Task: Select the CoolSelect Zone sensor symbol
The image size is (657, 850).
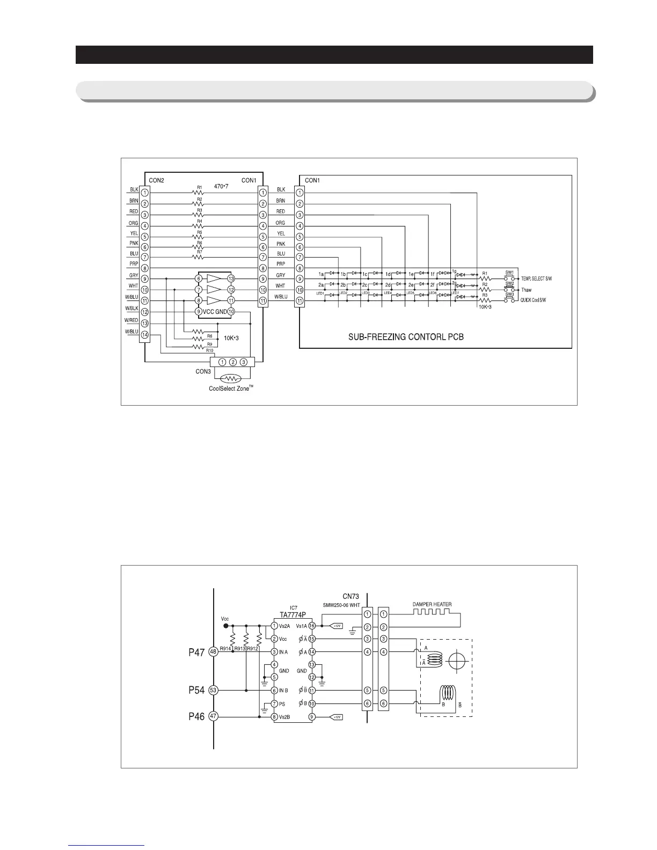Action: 231,378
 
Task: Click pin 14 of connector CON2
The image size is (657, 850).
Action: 144,334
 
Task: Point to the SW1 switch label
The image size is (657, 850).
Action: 509,273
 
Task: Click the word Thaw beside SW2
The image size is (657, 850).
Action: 526,290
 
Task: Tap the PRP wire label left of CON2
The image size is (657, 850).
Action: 134,264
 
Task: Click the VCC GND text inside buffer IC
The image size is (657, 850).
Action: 215,311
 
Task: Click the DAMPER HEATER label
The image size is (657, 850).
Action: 432,604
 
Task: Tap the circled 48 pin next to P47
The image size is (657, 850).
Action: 213,651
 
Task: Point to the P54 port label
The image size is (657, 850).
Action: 196,690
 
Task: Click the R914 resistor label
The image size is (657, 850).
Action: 226,648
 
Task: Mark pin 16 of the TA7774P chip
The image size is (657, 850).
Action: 311,626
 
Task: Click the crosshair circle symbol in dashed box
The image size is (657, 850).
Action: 456,660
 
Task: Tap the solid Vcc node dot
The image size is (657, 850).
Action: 225,626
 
